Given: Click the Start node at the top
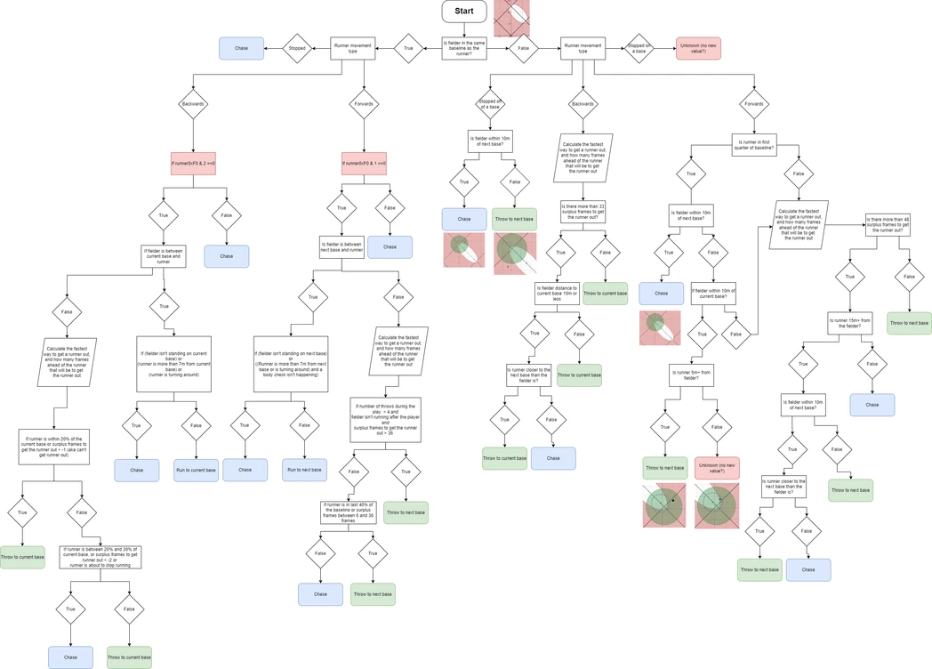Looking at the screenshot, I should tap(463, 12).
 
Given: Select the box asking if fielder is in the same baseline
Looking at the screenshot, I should tap(463, 48).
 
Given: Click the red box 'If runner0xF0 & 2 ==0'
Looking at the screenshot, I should tap(193, 164).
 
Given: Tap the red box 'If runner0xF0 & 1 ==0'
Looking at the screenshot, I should tap(364, 164).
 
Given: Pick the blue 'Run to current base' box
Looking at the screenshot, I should tap(196, 470).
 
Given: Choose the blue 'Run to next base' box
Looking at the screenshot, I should tap(304, 470).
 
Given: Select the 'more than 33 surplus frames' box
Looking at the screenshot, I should tap(582, 212).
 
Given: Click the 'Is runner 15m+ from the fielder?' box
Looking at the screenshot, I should tap(849, 323).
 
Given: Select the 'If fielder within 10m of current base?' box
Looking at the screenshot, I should tap(713, 294).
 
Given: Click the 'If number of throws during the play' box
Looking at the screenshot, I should tap(385, 420).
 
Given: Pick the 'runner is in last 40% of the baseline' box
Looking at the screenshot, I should tap(349, 512).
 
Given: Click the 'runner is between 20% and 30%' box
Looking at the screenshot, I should tap(100, 557).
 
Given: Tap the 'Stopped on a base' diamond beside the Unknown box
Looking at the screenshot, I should tap(639, 48).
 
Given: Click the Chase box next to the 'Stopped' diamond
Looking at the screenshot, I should tap(241, 48).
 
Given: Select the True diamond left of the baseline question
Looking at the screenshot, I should tap(408, 48).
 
